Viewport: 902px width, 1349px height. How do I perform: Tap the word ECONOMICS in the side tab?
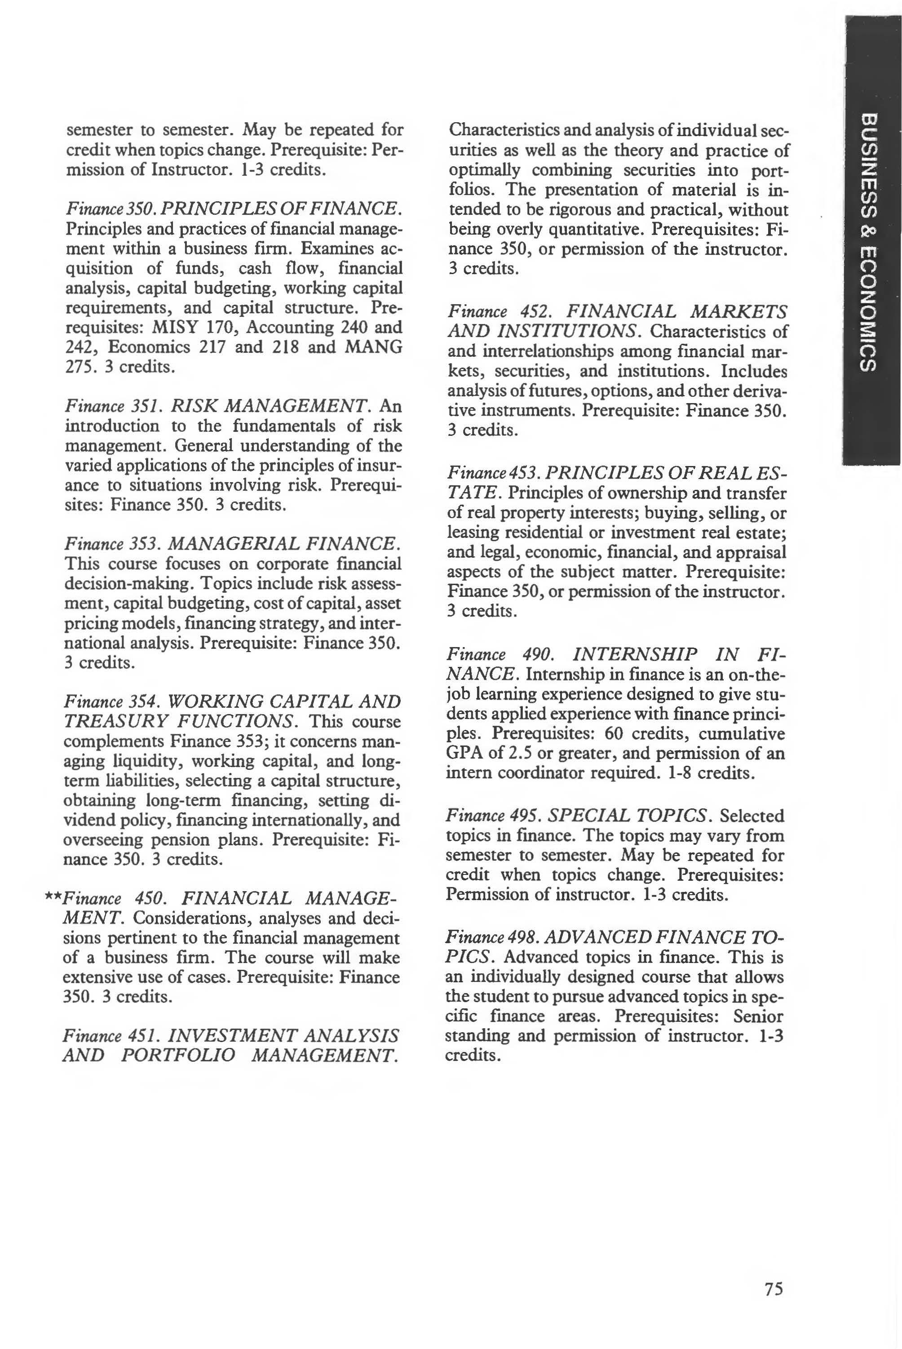pos(869,311)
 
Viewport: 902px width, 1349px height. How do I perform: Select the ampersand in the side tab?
pos(869,230)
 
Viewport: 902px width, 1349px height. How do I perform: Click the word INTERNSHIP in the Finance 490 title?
pos(636,654)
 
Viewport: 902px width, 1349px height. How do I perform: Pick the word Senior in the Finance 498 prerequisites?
pos(758,1016)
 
